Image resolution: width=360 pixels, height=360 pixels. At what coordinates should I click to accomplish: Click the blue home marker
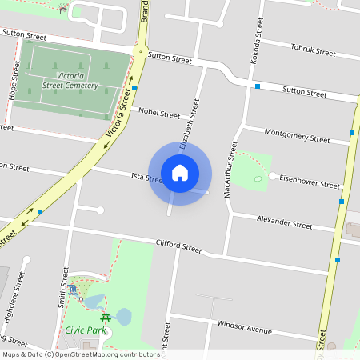coord(180,172)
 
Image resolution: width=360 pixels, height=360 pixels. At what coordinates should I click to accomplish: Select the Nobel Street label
coord(159,114)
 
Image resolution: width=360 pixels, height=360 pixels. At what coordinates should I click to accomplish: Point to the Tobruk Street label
coord(313,51)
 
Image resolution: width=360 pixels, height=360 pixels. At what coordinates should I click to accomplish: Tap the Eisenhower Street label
coord(310,182)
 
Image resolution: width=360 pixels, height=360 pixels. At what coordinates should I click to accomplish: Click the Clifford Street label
coord(178,247)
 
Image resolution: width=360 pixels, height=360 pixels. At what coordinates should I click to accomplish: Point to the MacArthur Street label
coord(231,170)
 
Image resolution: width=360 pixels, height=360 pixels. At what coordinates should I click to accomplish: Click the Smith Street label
coord(62,288)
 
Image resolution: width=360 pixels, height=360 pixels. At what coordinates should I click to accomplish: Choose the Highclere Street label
coord(14,296)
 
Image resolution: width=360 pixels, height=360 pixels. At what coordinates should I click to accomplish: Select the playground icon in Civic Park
coord(73,289)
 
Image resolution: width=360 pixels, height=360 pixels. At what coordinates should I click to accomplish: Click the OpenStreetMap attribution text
coord(80,354)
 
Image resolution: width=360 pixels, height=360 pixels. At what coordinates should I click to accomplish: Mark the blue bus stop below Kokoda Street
coord(258,86)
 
